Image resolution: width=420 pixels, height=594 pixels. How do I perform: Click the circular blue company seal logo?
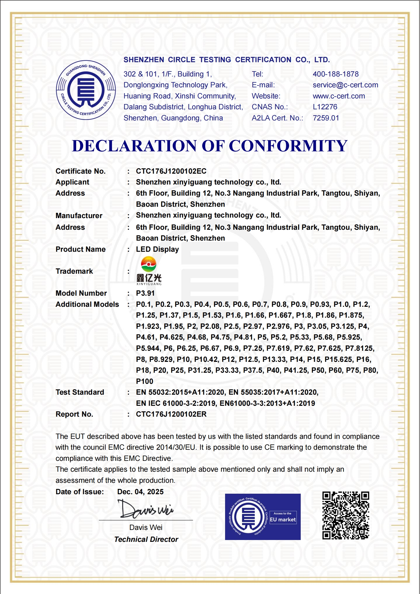click(x=86, y=90)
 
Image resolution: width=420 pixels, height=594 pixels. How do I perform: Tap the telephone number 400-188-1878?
click(x=335, y=74)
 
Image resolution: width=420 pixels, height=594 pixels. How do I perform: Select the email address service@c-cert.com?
click(x=345, y=85)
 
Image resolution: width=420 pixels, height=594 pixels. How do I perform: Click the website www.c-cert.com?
click(x=339, y=96)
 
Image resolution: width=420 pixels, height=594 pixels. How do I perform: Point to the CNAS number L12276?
click(x=325, y=107)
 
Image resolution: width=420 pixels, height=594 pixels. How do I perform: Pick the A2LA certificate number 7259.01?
click(x=326, y=118)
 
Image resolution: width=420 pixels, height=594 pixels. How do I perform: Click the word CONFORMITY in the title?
click(x=288, y=146)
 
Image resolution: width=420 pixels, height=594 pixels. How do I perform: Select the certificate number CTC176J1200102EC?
click(x=171, y=171)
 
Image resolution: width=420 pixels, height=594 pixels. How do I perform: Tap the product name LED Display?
click(x=157, y=249)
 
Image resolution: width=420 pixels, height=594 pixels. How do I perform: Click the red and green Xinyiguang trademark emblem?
click(x=148, y=264)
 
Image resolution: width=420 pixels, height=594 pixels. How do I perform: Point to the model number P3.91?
click(x=145, y=293)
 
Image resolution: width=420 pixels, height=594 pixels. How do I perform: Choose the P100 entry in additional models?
click(x=144, y=381)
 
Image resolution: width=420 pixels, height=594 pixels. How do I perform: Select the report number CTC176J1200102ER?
click(x=171, y=414)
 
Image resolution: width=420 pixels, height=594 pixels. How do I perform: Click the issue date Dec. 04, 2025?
click(x=140, y=492)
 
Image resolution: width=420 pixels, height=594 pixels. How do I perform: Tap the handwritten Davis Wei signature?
click(x=145, y=509)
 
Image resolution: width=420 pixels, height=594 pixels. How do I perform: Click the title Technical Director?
click(x=146, y=539)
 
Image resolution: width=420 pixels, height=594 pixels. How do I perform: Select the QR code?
click(x=345, y=516)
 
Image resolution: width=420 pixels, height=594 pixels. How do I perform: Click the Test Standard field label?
click(x=80, y=392)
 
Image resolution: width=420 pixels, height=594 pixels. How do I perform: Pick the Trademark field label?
click(x=74, y=271)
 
